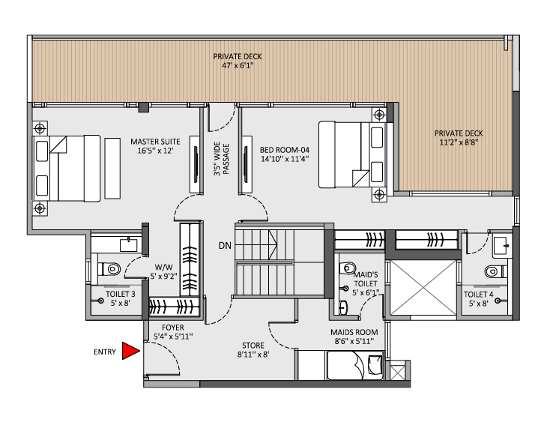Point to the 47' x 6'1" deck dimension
pyautogui.click(x=237, y=66)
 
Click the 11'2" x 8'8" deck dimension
pyautogui.click(x=456, y=141)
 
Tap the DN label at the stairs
pyautogui.click(x=224, y=246)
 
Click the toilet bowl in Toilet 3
pyautogui.click(x=112, y=268)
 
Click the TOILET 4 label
pyautogui.click(x=478, y=294)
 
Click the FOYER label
pyautogui.click(x=172, y=328)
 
